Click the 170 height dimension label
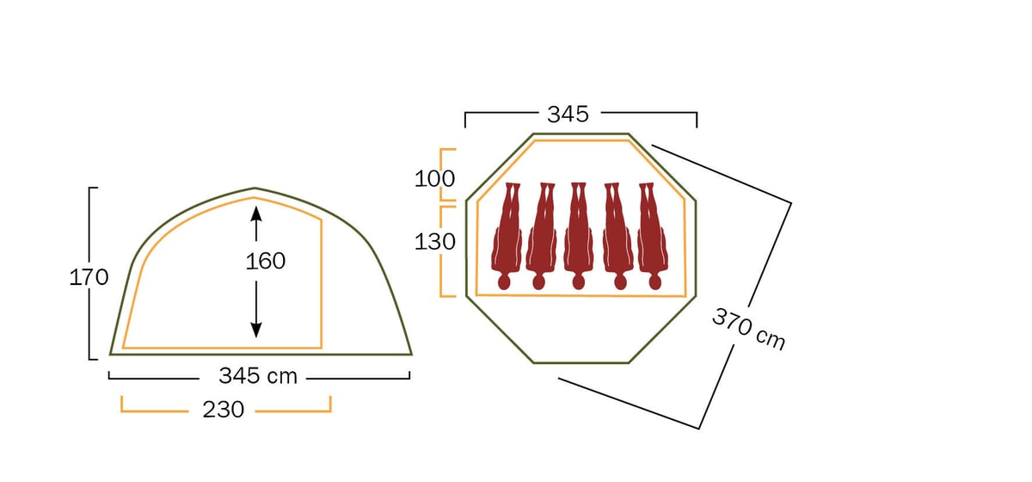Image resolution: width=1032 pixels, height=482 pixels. point(89,278)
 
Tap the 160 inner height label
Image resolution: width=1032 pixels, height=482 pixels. point(266,262)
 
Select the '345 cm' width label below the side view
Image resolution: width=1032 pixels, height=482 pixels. point(258,376)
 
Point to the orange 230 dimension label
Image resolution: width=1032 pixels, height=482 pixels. point(224,410)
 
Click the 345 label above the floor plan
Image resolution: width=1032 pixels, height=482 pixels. point(568,114)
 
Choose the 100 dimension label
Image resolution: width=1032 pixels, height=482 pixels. point(434,178)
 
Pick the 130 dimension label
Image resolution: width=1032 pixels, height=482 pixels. point(434,242)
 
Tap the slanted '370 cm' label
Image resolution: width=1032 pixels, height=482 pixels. point(749,329)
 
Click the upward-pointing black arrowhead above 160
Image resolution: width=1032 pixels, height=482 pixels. point(256,214)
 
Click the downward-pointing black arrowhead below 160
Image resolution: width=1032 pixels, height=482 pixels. point(256,330)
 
